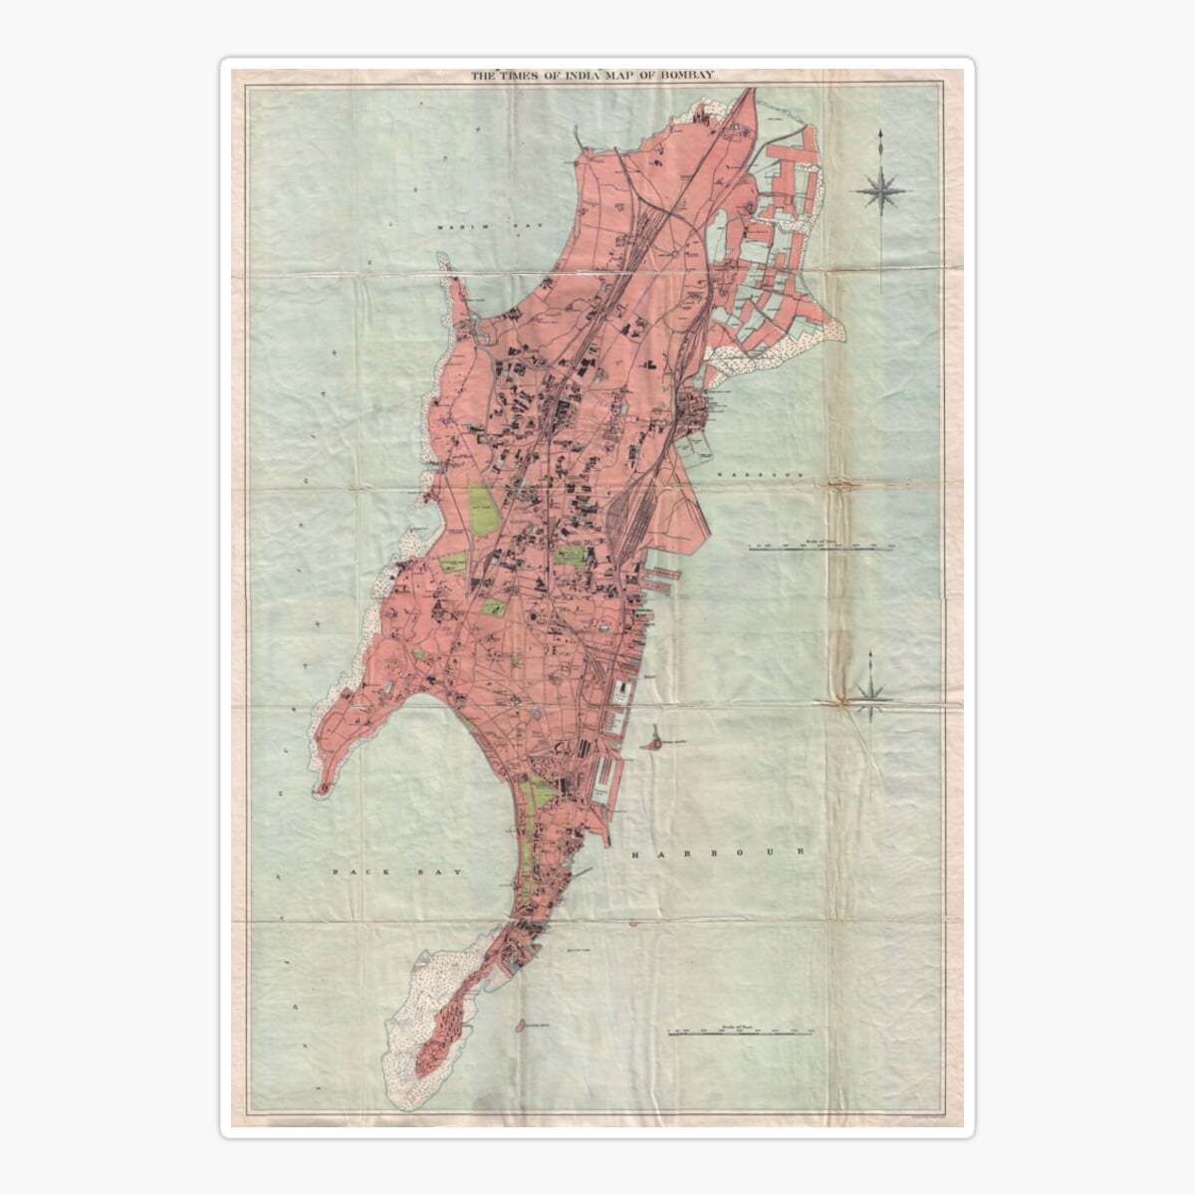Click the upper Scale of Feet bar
824,546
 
